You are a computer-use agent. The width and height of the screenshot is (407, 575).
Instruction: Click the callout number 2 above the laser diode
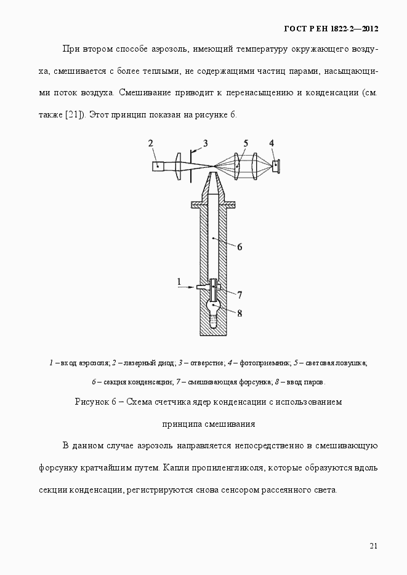[x=151, y=144]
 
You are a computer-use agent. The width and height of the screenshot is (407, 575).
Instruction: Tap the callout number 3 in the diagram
[x=205, y=143]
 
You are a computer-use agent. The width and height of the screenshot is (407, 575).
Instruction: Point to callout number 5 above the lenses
[x=245, y=144]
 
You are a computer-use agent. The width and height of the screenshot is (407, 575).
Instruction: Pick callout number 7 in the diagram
[x=240, y=295]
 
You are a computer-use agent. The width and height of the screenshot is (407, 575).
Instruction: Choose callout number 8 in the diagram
[x=240, y=313]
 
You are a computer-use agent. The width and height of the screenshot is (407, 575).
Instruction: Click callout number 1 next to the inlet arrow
[x=179, y=282]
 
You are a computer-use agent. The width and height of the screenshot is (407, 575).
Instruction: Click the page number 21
[x=374, y=545]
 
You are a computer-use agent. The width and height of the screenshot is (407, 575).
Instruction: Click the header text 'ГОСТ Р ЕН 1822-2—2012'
[x=331, y=28]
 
